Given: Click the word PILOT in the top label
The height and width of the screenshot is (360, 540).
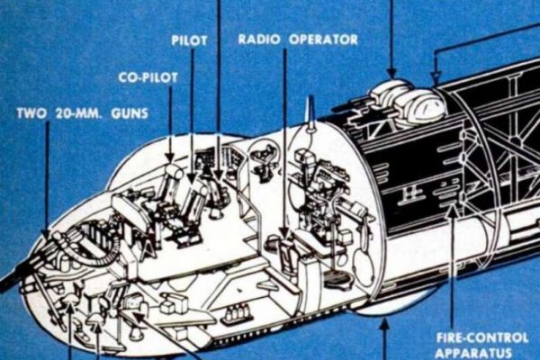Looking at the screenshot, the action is click(189, 40).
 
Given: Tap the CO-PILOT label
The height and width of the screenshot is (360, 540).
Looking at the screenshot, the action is click(148, 77).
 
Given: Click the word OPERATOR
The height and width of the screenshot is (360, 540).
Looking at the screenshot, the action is click(323, 40).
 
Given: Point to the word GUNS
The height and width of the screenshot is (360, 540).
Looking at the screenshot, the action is click(130, 113).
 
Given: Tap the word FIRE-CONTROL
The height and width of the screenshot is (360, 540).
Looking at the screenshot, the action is click(482, 337).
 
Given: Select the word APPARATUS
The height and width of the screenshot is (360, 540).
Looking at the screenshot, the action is click(473, 353).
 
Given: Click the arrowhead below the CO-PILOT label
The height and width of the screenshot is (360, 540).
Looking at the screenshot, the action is click(170, 157).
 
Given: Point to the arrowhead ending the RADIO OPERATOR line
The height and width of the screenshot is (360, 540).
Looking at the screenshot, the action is click(284, 234).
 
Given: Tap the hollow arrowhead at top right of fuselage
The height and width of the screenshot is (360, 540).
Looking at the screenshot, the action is click(436, 76).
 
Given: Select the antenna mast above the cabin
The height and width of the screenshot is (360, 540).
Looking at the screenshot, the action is click(311, 113).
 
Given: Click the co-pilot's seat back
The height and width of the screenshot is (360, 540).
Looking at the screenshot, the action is click(173, 183).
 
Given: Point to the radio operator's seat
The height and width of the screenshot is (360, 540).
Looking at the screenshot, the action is click(287, 255).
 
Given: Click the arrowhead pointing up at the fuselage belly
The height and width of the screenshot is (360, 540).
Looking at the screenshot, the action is click(384, 325).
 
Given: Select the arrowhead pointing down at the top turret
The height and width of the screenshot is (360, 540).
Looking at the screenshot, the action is click(391, 73).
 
